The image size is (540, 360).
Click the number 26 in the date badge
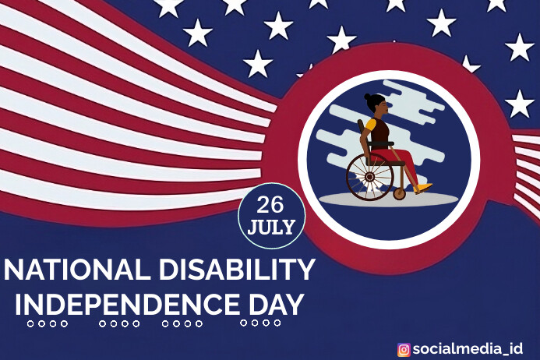coord(270,205)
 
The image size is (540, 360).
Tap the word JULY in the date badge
coord(271,228)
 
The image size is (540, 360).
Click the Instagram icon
coord(404,349)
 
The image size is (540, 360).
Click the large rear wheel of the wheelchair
coord(369,177)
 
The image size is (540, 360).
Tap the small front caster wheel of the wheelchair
coord(400,192)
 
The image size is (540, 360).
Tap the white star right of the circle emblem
coord(519,103)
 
